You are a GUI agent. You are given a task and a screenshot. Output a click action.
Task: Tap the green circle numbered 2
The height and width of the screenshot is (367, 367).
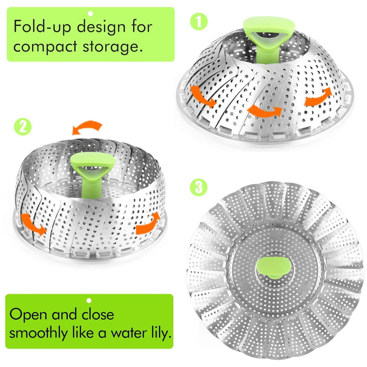coord(23,127)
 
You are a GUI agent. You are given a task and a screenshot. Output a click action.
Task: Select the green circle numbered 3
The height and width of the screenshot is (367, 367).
coord(199,187)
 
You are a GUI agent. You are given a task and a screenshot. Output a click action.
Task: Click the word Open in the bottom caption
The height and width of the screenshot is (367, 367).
coord(28,314)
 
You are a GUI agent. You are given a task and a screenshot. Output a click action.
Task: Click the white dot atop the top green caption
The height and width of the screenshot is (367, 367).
coord(90,13)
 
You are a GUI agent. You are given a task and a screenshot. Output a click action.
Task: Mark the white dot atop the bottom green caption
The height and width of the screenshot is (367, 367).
coord(89,300)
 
